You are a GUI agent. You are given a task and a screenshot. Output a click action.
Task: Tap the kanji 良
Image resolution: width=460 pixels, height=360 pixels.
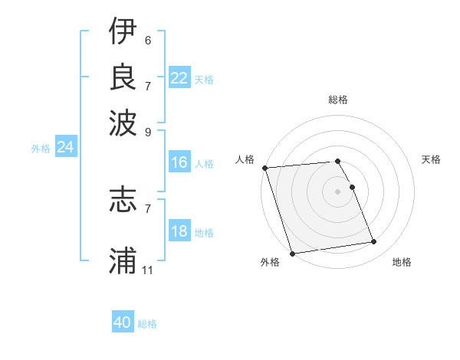123,76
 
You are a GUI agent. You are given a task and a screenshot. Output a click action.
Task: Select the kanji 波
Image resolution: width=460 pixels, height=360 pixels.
123,120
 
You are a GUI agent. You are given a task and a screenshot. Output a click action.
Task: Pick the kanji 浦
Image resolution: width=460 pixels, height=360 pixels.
123,260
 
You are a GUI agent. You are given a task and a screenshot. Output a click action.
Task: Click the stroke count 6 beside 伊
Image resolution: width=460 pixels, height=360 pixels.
147,40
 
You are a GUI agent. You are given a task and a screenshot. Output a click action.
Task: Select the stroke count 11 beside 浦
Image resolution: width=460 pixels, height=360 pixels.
148,270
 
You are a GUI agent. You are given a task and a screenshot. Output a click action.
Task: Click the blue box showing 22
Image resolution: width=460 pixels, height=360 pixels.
179,78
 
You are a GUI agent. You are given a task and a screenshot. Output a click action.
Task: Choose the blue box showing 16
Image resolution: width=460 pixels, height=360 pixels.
179,162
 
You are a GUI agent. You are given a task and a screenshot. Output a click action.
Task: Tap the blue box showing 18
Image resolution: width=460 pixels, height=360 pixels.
179,232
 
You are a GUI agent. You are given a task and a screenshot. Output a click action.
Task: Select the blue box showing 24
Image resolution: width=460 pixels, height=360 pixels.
65,147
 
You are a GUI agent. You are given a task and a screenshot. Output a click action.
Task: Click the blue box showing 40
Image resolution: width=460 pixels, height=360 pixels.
123,322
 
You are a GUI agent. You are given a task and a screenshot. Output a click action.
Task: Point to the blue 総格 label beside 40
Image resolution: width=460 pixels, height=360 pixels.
147,324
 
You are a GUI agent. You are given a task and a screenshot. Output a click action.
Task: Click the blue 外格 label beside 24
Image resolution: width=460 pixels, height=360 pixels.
41,149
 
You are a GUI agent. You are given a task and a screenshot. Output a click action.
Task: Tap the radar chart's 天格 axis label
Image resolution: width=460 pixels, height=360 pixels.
431,159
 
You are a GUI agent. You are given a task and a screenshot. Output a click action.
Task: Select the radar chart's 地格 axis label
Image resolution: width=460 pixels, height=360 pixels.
402,262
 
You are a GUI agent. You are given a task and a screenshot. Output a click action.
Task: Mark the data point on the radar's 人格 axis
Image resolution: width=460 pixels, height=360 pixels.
264,168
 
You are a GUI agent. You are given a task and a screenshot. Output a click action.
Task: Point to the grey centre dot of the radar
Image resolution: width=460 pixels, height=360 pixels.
337,191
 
